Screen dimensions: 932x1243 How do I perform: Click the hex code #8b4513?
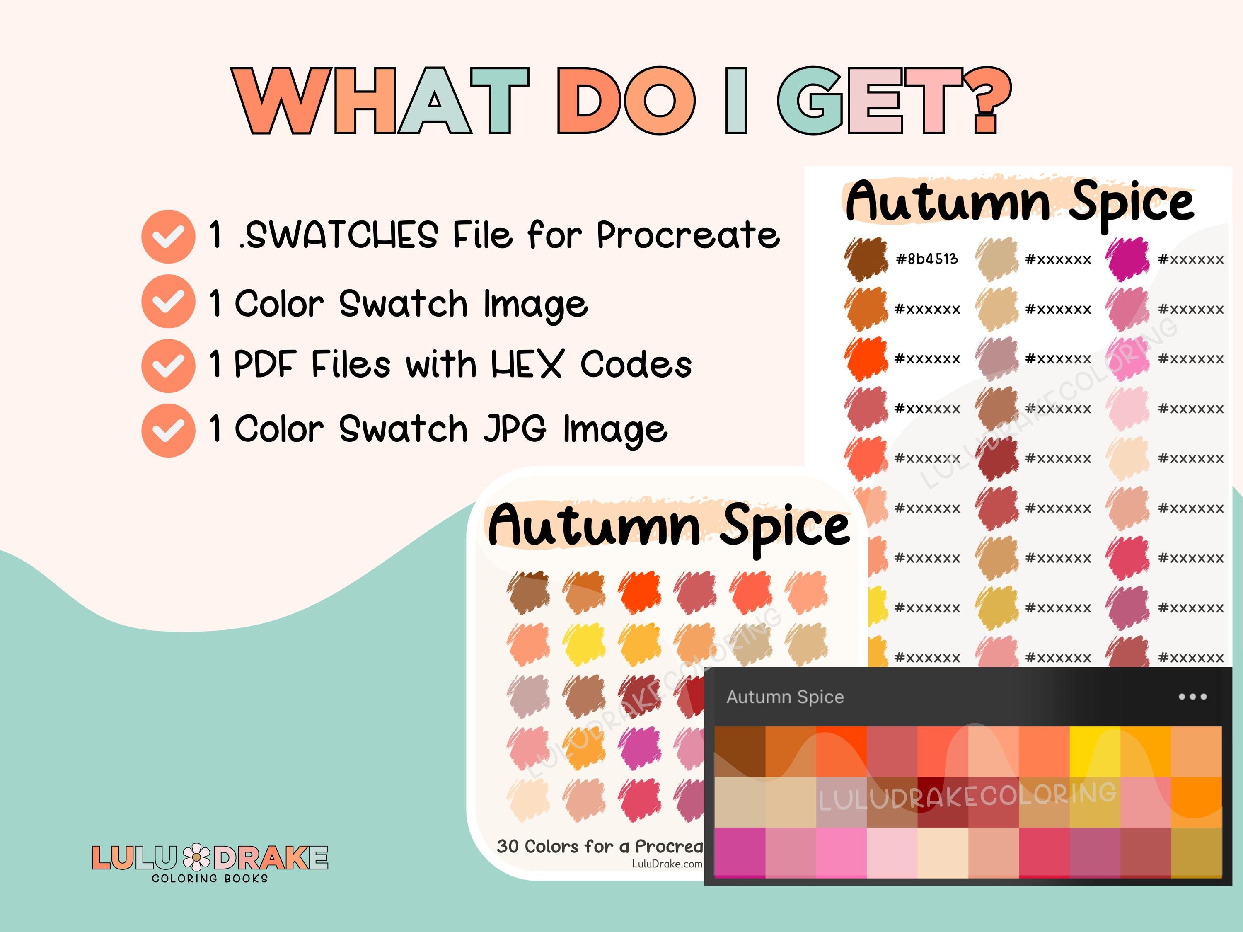pos(926,259)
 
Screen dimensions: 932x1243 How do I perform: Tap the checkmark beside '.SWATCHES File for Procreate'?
pos(168,236)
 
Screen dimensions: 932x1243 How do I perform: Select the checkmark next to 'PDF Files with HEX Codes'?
pos(168,366)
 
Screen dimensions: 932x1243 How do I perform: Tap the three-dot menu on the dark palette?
pos(1192,697)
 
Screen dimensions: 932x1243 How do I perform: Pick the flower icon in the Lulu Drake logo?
pos(197,858)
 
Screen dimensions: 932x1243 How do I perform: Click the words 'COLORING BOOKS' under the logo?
pos(210,878)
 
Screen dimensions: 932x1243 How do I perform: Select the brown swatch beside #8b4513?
pos(866,259)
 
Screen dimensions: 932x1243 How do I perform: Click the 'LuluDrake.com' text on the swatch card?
pos(667,864)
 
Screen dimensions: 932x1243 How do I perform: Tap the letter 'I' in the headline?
pos(736,101)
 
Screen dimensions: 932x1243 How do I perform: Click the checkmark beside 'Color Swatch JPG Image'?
pos(168,430)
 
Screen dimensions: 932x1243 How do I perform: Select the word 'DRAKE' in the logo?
pos(271,858)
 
